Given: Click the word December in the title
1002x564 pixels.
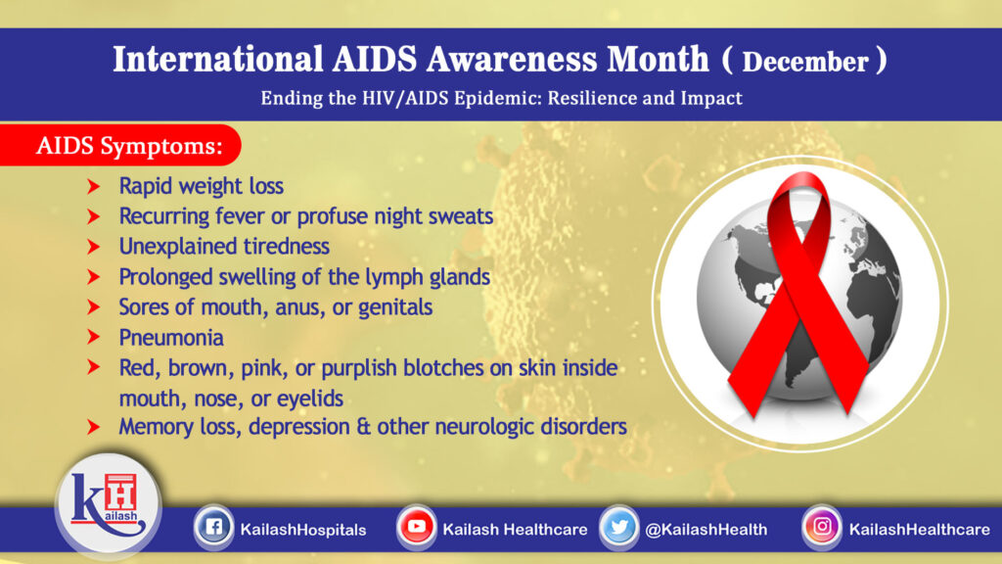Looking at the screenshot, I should point(804,62).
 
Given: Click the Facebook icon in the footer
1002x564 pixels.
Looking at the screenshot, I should point(212,529).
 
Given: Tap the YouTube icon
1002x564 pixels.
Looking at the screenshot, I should point(417,528).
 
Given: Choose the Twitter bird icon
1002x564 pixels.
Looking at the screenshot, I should point(619,528).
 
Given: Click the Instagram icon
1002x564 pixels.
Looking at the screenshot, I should point(822,528).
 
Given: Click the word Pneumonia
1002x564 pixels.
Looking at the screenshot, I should point(171,338).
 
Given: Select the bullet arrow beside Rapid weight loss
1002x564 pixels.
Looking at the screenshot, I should point(94,186).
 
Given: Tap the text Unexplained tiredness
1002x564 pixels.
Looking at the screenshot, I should point(224,246).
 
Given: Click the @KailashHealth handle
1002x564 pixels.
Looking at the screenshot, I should point(706,530).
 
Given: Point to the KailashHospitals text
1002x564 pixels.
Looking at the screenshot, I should point(302,530).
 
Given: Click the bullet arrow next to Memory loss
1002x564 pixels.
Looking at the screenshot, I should point(94,427).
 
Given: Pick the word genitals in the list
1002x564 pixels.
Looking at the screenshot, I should point(396,307).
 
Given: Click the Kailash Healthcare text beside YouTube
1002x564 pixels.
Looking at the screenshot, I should point(515,530).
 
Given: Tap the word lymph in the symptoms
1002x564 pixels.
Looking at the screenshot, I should point(373,277).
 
